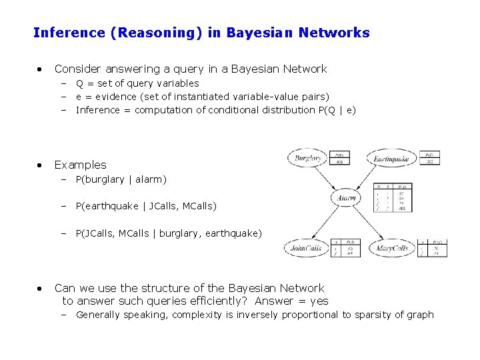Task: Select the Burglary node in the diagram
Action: tap(308, 159)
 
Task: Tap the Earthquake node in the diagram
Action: tap(391, 159)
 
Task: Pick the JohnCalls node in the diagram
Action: tap(306, 249)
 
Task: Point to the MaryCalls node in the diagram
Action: tap(392, 249)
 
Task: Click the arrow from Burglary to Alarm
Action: tap(329, 178)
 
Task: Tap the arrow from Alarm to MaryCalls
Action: tap(371, 223)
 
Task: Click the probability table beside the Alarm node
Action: tap(392, 197)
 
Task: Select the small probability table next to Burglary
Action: tap(339, 157)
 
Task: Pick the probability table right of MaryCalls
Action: tap(433, 248)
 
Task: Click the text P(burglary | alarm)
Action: tap(121, 179)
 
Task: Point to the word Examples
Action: tap(80, 165)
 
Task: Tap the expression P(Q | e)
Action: tap(337, 110)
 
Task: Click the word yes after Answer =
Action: tap(319, 301)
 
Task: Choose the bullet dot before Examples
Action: tap(40, 165)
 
